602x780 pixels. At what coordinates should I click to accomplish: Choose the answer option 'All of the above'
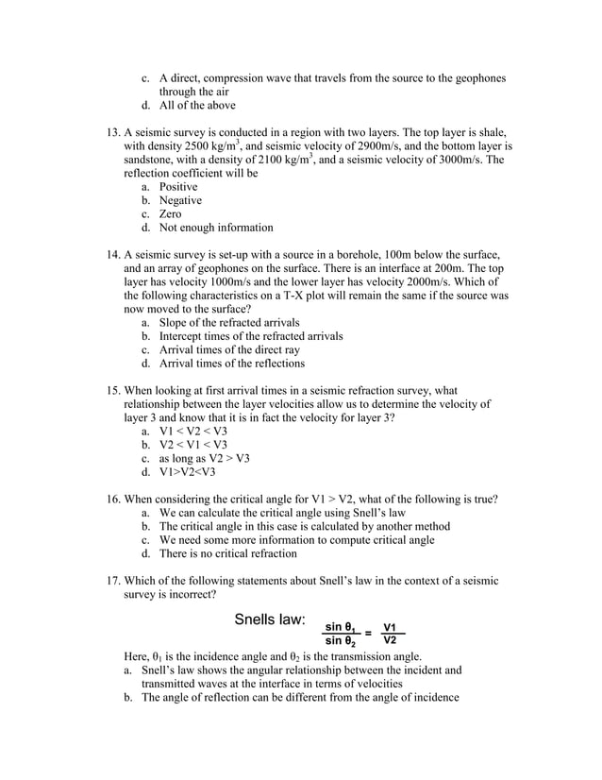click(x=197, y=106)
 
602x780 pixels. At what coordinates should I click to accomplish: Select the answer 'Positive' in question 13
click(x=178, y=187)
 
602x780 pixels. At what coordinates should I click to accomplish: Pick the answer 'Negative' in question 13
click(x=180, y=201)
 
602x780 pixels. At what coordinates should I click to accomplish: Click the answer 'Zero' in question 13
click(x=171, y=214)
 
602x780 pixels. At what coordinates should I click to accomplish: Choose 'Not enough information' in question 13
click(x=216, y=228)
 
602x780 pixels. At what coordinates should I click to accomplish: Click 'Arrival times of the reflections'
click(x=232, y=364)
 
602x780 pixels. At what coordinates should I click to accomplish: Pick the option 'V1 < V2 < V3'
click(x=193, y=432)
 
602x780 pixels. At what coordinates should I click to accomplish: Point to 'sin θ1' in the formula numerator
click(x=339, y=626)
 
